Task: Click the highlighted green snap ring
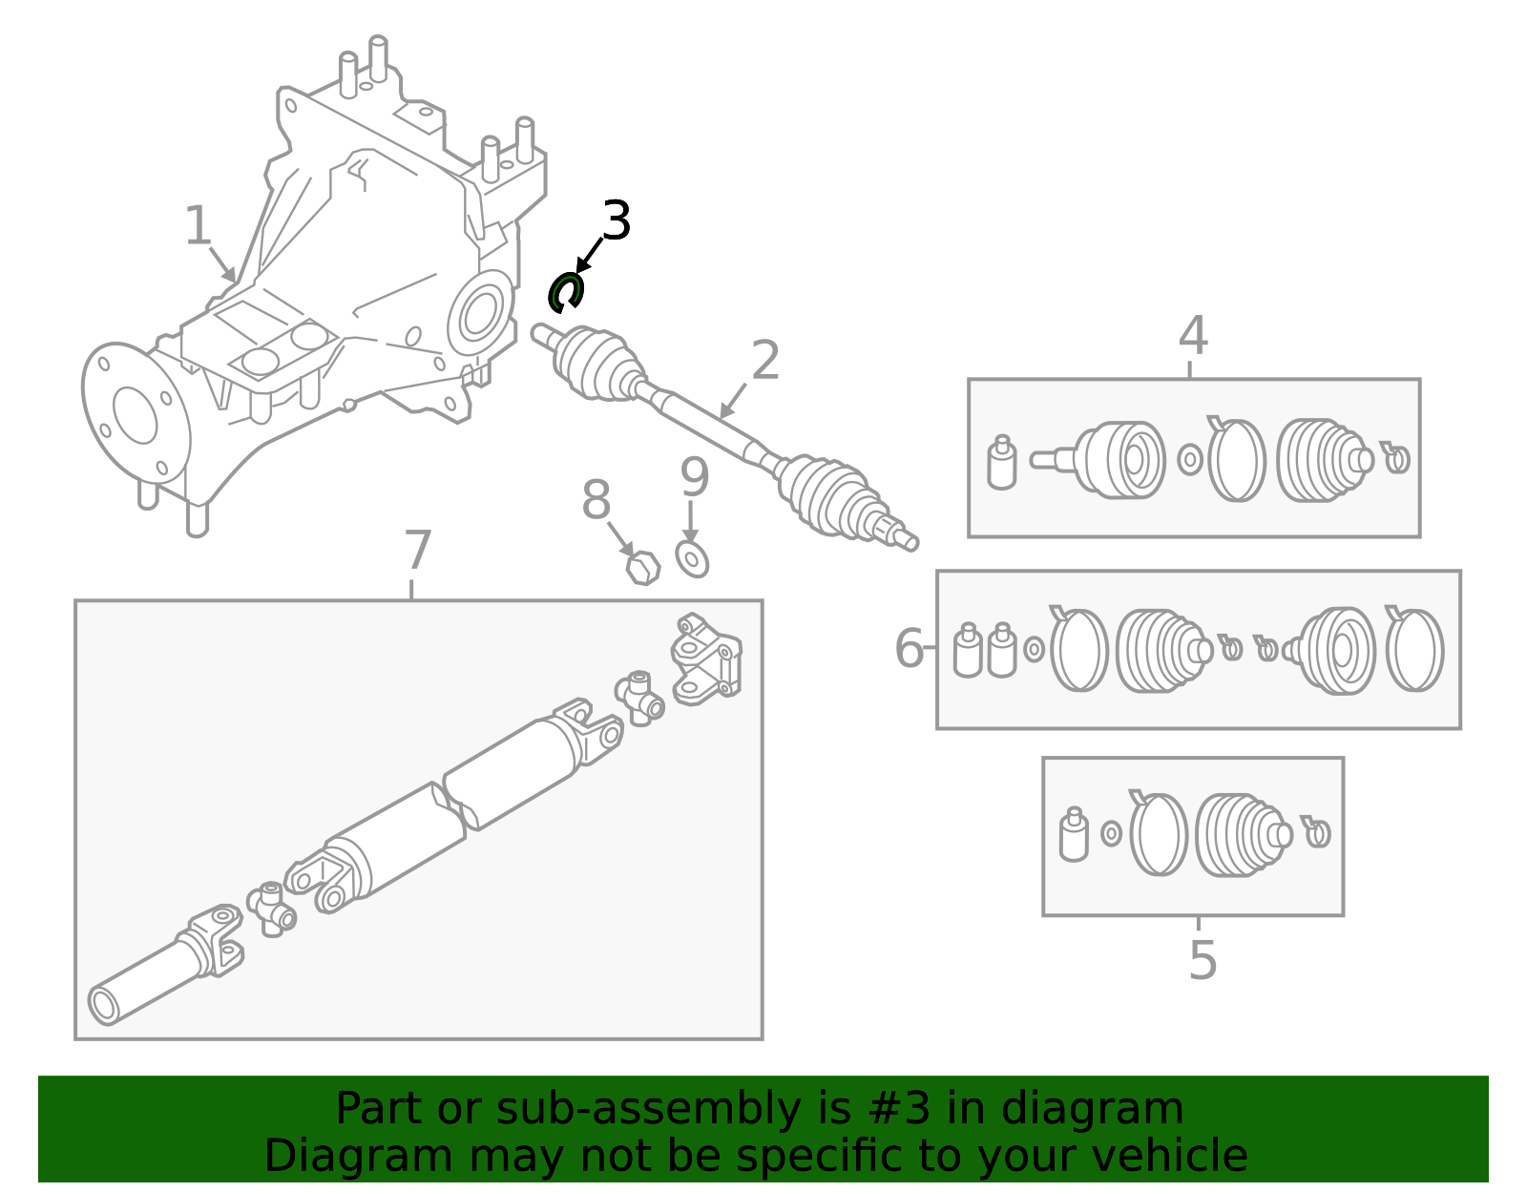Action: [564, 292]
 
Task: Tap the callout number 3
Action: [616, 221]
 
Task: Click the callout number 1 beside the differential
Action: [197, 226]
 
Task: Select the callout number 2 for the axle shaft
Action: [765, 361]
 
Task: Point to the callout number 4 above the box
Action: [1193, 336]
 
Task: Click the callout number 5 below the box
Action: [1203, 960]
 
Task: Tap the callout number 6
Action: [908, 649]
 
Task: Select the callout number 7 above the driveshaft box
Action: [418, 551]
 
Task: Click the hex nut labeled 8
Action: [643, 568]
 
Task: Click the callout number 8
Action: [596, 500]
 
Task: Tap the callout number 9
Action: [695, 477]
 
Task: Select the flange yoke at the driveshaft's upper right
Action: [705, 659]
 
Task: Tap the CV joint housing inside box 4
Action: [1121, 460]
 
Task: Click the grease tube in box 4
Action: [1001, 464]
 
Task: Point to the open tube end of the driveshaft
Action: [103, 1005]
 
